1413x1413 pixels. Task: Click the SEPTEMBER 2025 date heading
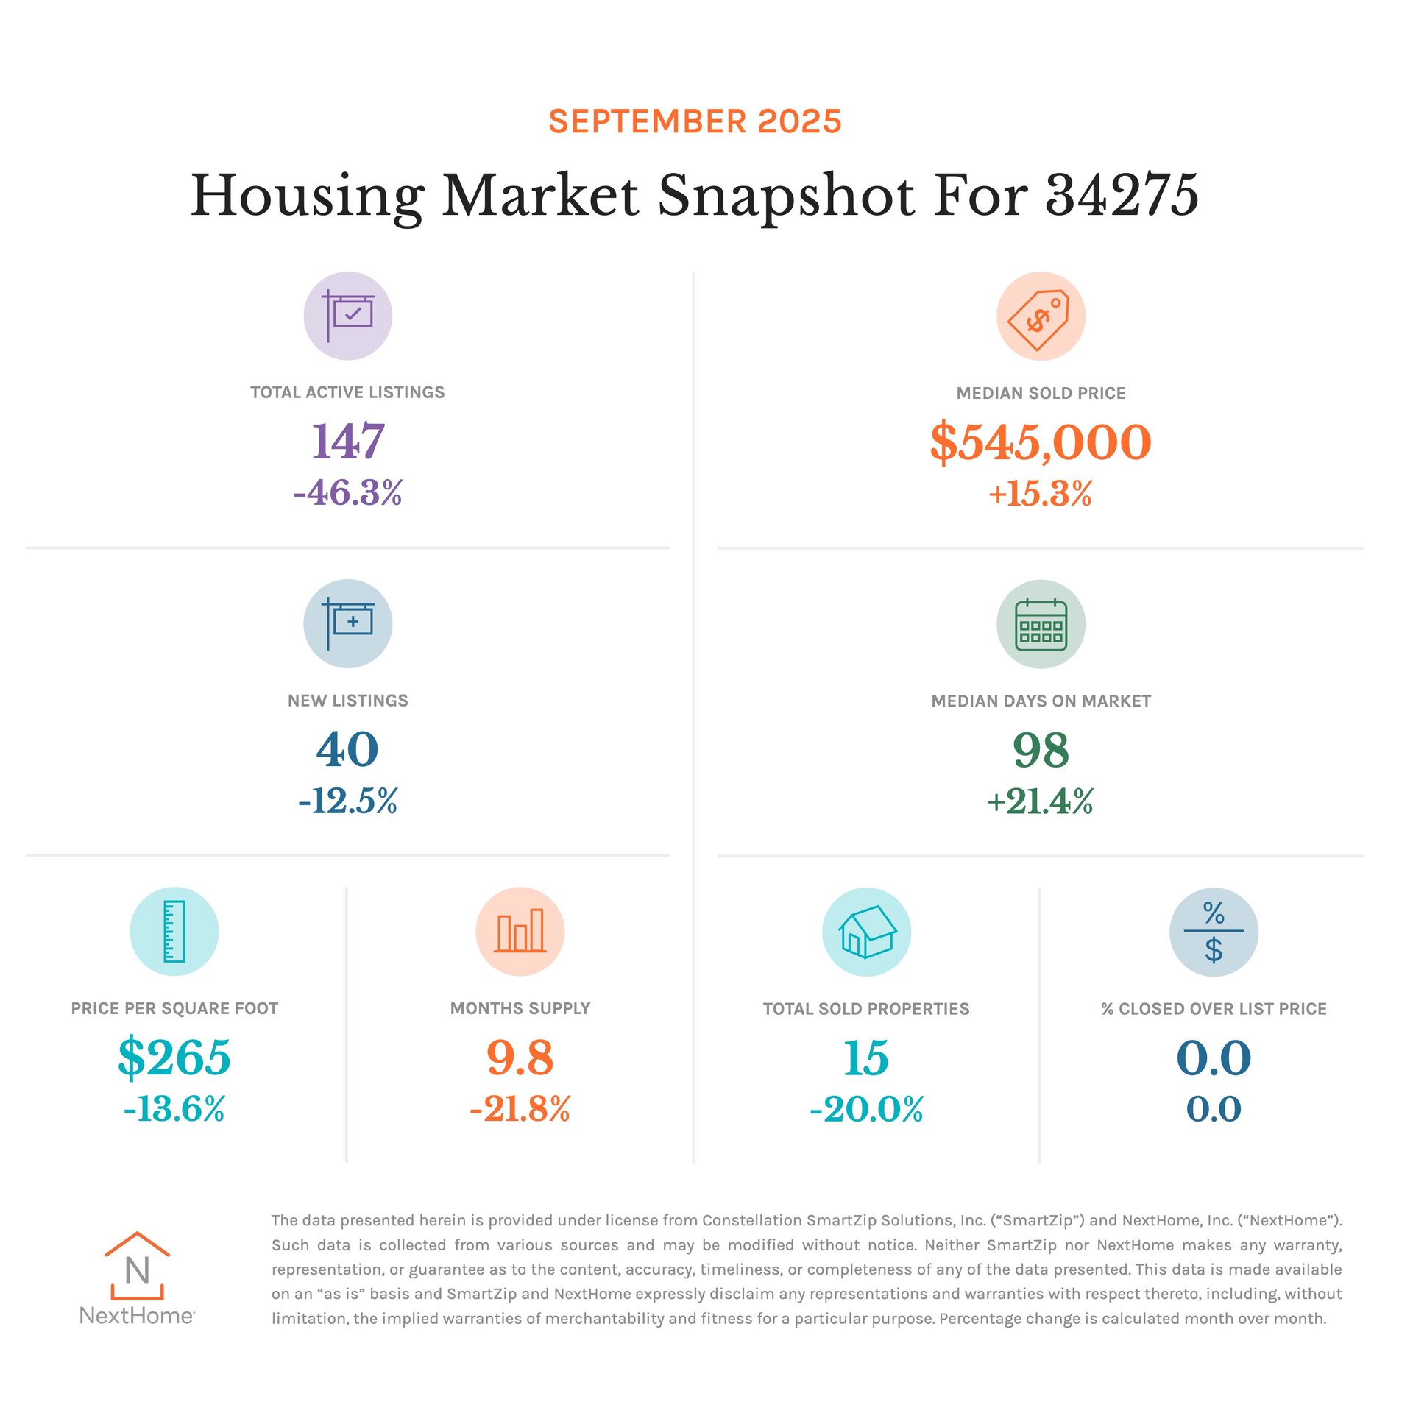point(695,121)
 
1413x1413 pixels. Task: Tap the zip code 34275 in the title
point(1122,196)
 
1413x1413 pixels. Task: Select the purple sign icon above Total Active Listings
point(348,316)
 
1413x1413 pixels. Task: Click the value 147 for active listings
point(348,441)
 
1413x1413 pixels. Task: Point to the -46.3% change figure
point(348,492)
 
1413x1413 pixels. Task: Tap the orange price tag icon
point(1040,316)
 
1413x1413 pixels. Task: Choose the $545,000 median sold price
point(1040,442)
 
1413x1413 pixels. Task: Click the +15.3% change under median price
point(1040,493)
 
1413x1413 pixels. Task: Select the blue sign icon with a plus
point(348,623)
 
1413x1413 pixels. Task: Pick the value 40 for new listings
point(348,749)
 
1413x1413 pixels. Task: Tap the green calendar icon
point(1040,624)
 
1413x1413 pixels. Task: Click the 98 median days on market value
point(1040,749)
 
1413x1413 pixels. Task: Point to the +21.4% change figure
point(1040,801)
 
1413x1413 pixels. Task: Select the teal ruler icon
point(174,931)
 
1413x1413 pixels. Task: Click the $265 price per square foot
point(174,1057)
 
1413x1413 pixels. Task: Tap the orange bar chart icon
point(520,931)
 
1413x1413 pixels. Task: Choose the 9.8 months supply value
point(520,1057)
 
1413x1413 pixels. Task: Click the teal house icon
point(866,932)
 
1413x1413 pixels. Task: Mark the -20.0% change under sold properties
point(866,1109)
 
